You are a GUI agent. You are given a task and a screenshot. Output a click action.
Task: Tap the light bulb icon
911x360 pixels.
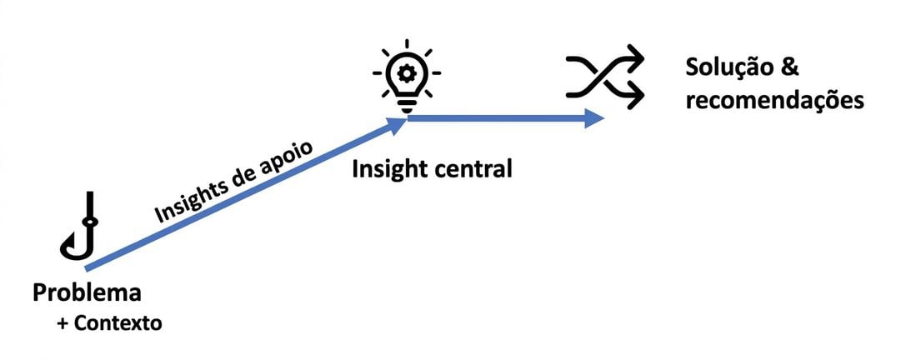407,76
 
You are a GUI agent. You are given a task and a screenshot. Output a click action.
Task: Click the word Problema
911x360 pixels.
88,292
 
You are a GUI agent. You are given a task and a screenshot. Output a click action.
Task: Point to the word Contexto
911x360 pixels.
118,323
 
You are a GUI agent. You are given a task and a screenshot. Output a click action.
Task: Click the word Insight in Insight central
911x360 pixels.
388,169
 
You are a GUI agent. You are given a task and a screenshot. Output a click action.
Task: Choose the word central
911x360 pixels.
472,169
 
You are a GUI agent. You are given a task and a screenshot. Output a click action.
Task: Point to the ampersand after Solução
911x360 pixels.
789,68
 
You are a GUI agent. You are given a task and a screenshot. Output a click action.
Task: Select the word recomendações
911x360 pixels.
774,101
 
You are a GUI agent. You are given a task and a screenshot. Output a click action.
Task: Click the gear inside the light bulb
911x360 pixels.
407,72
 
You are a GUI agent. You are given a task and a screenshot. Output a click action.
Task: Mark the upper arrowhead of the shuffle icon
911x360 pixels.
636,58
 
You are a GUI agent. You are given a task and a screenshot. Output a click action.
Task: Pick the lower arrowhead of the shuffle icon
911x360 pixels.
636,95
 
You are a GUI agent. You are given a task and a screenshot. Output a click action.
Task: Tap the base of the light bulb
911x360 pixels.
407,107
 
